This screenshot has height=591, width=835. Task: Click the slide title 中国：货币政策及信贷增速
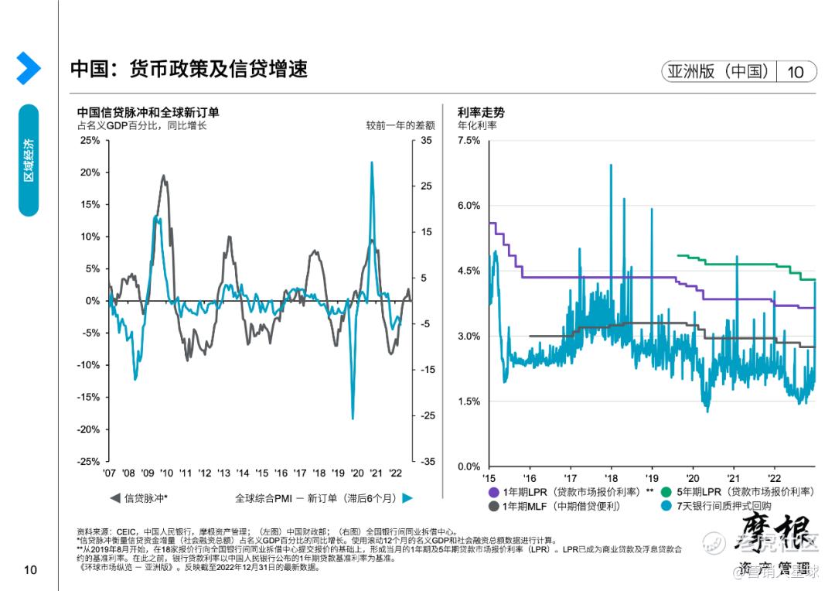coord(189,69)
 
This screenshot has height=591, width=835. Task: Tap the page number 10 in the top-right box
coord(795,72)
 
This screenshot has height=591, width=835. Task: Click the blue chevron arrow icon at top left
coord(29,68)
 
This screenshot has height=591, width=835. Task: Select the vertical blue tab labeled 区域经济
coord(29,160)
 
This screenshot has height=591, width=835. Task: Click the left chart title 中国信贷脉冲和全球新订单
coord(148,112)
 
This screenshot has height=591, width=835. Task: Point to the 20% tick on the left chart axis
coord(90,173)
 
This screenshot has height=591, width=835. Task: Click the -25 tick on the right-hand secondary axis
coord(428,415)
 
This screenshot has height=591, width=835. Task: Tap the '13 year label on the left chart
coord(223,473)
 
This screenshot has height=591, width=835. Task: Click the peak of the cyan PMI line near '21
coord(372,162)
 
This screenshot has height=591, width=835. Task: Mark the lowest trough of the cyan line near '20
coord(353,418)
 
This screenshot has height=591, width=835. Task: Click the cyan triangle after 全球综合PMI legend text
coord(407,498)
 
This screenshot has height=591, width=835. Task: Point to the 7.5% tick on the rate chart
coord(469,141)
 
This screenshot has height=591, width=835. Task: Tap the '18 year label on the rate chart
coord(611,473)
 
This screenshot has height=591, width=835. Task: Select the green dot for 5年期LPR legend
coord(666,492)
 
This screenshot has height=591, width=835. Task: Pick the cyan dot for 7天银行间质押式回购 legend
coord(666,506)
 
